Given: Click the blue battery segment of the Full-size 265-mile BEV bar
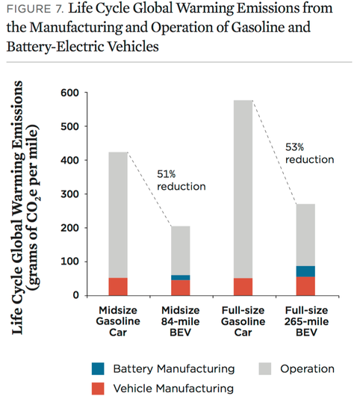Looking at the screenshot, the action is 305,271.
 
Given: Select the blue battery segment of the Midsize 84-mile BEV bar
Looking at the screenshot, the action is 181,277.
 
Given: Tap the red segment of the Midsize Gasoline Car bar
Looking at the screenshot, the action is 118,286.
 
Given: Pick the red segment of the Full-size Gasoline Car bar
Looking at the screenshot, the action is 243,287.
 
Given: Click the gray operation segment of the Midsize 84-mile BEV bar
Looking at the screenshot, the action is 181,250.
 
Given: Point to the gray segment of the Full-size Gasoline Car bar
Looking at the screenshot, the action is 243,189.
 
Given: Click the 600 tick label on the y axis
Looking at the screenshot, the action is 69,93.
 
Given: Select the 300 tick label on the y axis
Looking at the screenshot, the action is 69,194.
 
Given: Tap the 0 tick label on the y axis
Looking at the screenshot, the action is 76,295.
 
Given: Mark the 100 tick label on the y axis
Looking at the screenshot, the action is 69,262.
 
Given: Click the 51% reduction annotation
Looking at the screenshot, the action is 181,180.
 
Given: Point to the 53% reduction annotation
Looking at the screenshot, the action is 310,153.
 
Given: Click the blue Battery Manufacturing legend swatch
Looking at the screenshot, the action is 98,368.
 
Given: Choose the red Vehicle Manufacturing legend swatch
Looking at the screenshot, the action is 98,389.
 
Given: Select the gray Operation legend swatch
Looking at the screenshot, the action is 265,368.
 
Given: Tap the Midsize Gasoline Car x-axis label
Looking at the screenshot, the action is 118,321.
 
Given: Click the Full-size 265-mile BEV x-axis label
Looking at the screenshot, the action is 306,321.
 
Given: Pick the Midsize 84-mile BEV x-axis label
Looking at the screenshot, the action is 181,321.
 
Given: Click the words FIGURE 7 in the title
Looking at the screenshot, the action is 35,9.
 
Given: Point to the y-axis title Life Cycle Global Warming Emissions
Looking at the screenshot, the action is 18,208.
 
